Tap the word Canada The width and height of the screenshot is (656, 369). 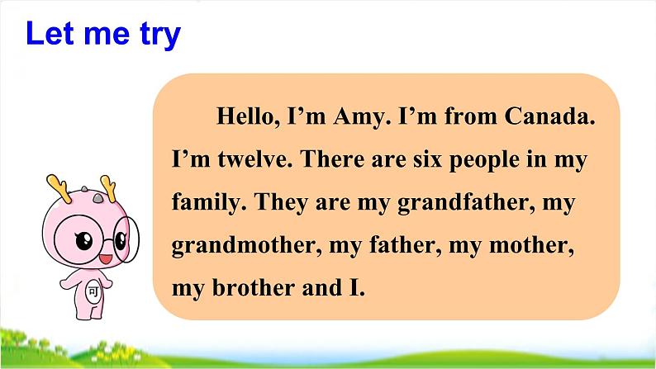pyautogui.click(x=549, y=116)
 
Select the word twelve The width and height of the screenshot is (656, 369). pyautogui.click(x=254, y=159)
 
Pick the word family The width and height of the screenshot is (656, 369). pyautogui.click(x=209, y=204)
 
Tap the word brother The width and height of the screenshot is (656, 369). pyautogui.click(x=254, y=287)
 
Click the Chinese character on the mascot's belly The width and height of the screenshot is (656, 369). pyautogui.click(x=93, y=291)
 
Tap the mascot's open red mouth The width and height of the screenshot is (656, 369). pyautogui.click(x=105, y=258)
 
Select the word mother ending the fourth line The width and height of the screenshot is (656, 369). pyautogui.click(x=531, y=245)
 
